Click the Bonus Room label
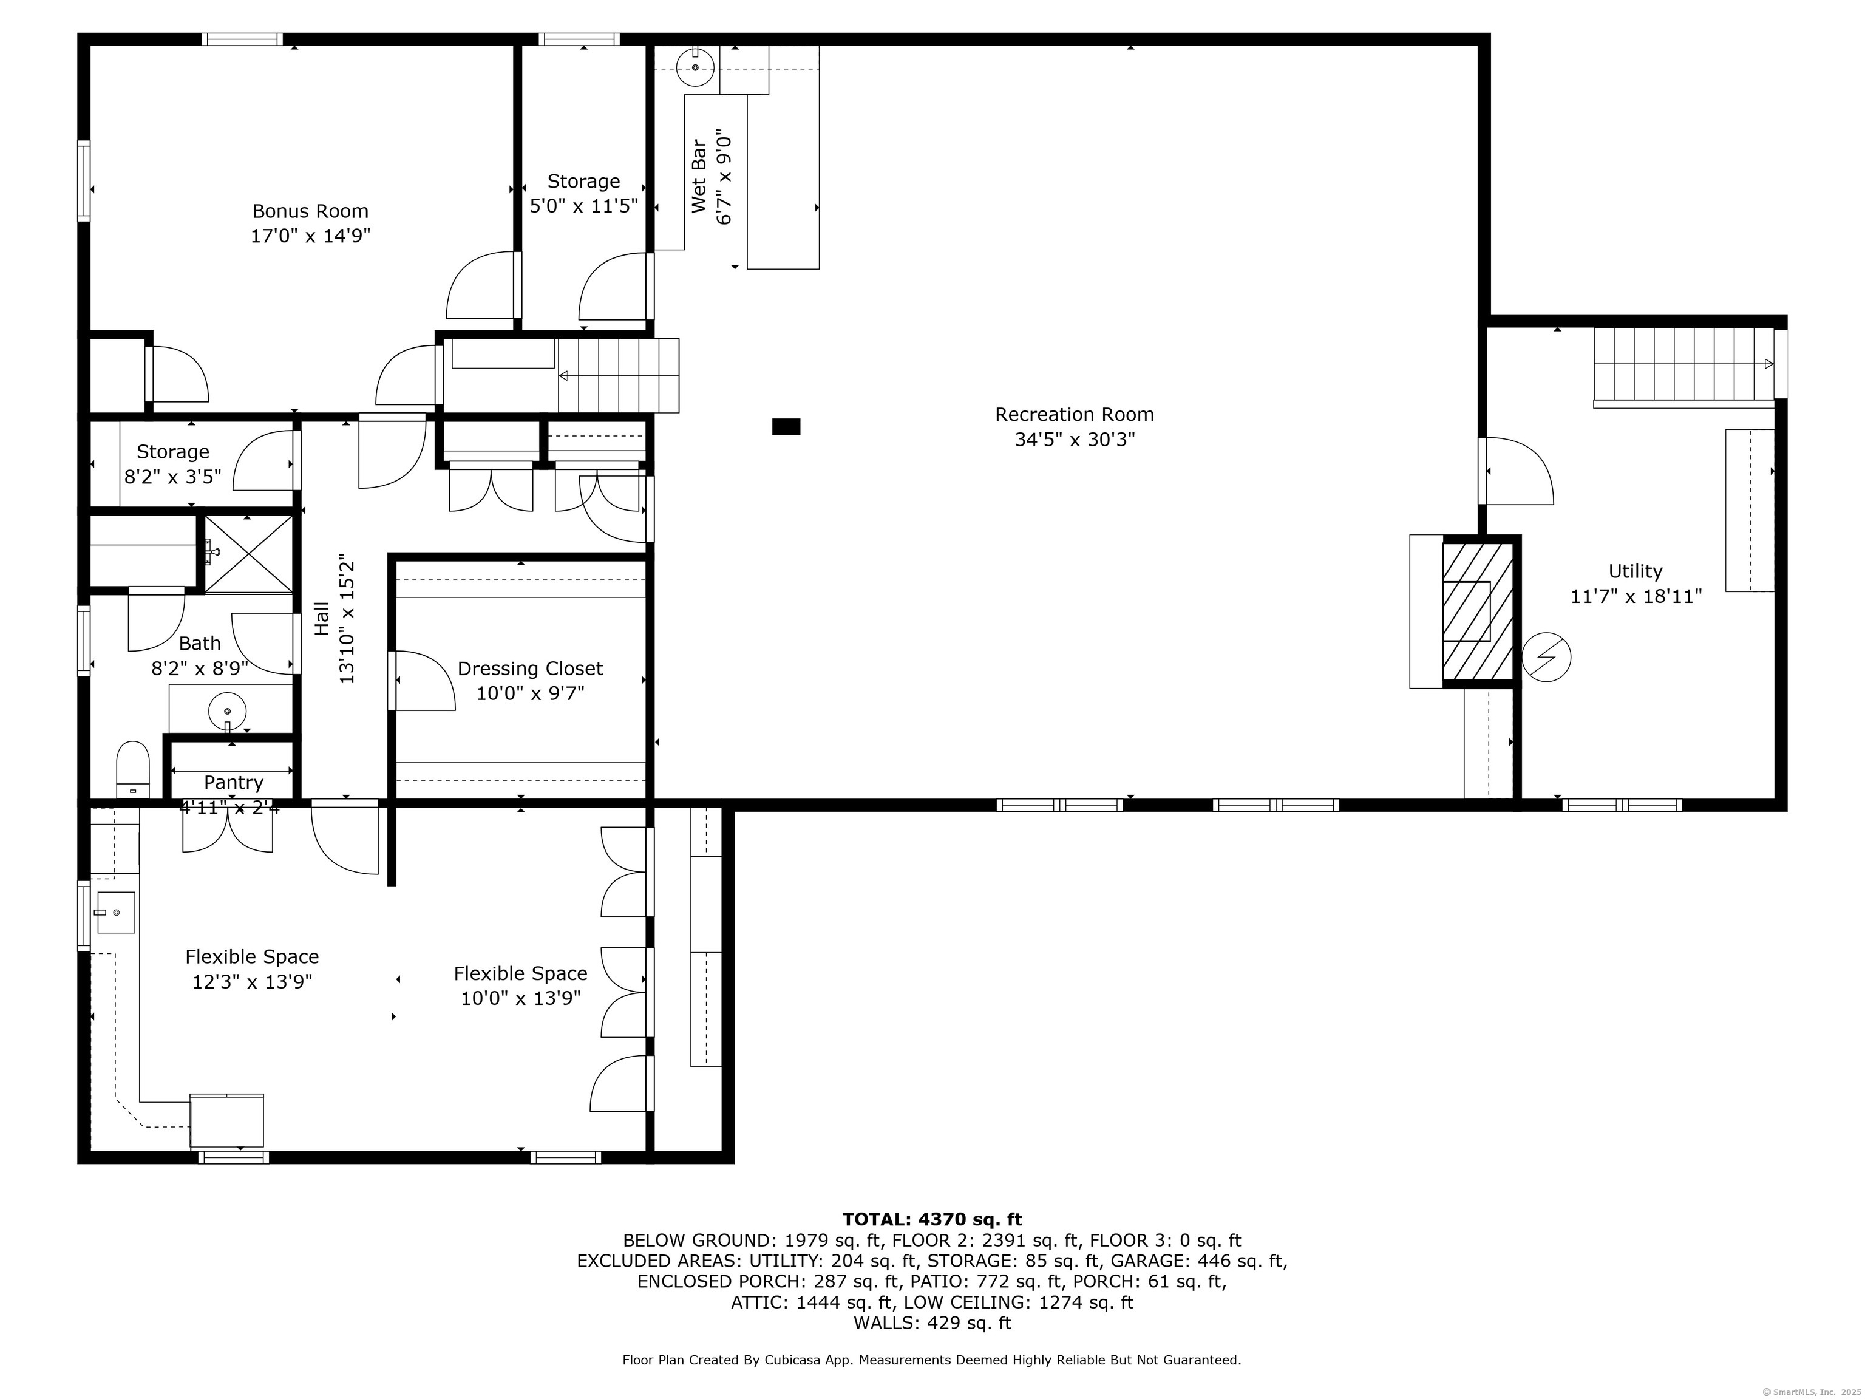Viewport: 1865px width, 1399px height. (310, 211)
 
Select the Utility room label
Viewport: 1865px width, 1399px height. (1635, 571)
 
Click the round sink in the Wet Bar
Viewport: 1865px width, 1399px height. (696, 67)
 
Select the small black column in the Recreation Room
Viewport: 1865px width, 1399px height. (786, 427)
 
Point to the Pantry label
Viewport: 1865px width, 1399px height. (234, 783)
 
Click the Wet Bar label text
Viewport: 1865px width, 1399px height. (699, 176)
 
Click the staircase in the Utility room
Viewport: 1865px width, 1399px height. (1683, 364)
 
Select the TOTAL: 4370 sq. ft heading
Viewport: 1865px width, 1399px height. (932, 1219)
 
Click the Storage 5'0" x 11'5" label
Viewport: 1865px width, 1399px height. (583, 193)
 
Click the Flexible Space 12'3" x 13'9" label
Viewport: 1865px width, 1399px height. (252, 969)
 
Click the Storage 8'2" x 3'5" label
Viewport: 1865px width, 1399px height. (173, 464)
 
